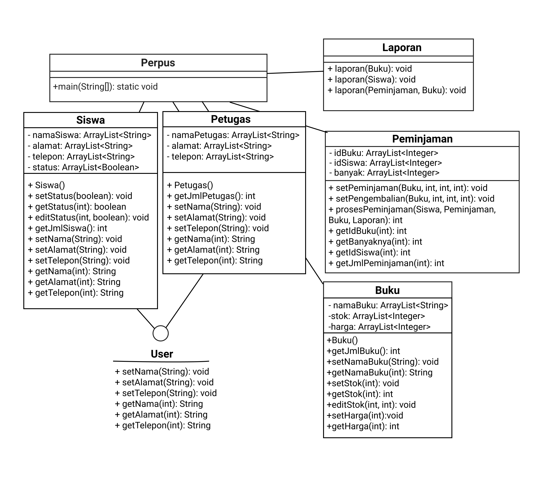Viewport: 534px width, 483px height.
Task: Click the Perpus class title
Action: pos(158,63)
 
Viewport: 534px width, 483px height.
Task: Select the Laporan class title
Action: pos(402,48)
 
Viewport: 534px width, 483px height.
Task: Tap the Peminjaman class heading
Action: pos(422,139)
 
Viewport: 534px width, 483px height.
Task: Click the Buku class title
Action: pos(387,290)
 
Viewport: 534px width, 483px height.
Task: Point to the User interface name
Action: pos(162,354)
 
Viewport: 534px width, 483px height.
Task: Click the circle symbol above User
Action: pos(160,333)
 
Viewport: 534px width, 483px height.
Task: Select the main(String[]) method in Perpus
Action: pos(105,87)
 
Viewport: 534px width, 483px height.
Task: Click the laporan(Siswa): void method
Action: pos(371,79)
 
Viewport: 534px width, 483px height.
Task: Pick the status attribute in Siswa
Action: pos(83,167)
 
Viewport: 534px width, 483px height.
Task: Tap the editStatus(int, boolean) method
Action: pos(88,218)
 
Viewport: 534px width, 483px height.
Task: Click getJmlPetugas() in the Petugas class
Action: pos(211,196)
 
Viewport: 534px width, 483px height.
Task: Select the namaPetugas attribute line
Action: pos(233,135)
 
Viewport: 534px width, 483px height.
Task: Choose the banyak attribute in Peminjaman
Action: pos(384,173)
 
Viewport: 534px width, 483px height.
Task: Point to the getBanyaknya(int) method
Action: pos(375,241)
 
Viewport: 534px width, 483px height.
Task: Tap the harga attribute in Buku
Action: pos(379,327)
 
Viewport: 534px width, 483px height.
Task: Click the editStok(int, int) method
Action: pos(371,405)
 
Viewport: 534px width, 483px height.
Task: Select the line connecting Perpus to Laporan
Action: pos(295,72)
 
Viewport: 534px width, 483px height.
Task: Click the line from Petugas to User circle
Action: pos(185,300)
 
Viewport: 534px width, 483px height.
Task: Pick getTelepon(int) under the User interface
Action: pos(163,425)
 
